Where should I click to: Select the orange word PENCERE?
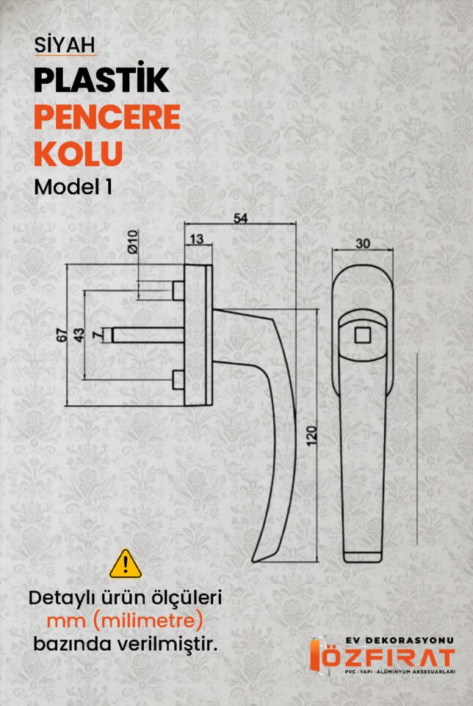pyautogui.click(x=107, y=118)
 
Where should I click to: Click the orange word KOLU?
pyautogui.click(x=78, y=154)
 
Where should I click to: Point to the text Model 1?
pyautogui.click(x=73, y=187)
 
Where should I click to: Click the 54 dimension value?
pyautogui.click(x=240, y=218)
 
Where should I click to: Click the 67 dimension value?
pyautogui.click(x=62, y=334)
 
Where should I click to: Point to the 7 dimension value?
pyautogui.click(x=98, y=335)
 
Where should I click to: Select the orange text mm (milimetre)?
pyautogui.click(x=125, y=621)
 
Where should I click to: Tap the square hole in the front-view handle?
pyautogui.click(x=362, y=336)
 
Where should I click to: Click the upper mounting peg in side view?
pyautogui.click(x=177, y=290)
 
